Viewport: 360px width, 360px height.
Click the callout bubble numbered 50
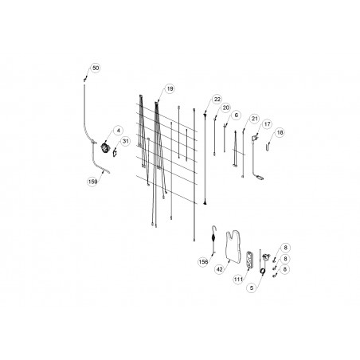coord(96,68)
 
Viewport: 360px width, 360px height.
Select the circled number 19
coord(170,88)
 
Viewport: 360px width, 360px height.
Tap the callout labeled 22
coord(217,100)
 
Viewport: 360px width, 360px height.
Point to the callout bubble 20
coord(226,108)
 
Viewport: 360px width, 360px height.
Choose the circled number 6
coord(237,115)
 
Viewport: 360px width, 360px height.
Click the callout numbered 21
coord(255,119)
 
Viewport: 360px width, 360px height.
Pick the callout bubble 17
coord(267,124)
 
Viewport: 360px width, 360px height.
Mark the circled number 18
coord(280,132)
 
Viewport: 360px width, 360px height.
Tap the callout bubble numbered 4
coord(119,131)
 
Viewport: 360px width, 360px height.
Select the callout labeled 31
coord(125,141)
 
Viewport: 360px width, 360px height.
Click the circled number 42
coord(220,269)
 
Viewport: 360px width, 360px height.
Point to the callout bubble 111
coord(238,280)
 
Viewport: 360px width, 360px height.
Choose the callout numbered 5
coord(252,288)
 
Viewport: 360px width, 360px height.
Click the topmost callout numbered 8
coord(285,248)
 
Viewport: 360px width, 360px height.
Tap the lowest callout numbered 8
coord(285,269)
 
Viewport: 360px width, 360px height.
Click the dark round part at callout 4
coord(104,147)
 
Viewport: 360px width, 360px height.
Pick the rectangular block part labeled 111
coord(249,259)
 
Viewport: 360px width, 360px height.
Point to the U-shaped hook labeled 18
coord(268,147)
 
